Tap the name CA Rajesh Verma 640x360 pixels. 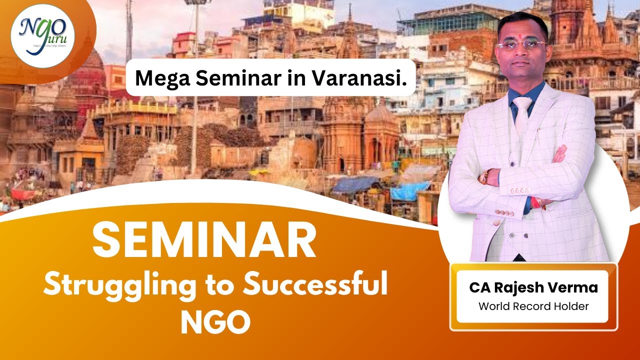[x=533, y=288]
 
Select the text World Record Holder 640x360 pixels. [x=533, y=306]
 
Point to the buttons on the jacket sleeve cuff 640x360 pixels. [x=520, y=190]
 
